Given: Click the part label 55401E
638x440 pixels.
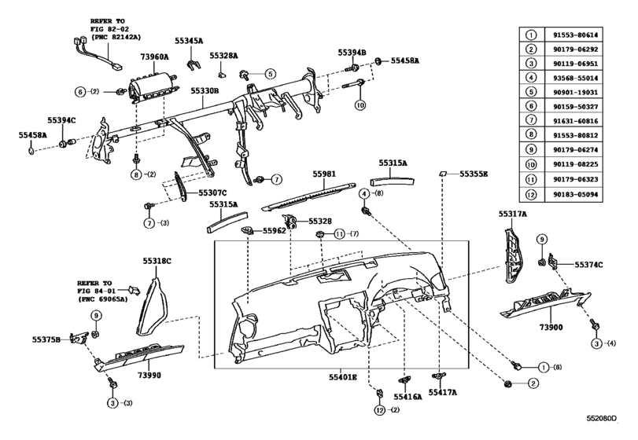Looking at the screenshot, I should pyautogui.click(x=342, y=378).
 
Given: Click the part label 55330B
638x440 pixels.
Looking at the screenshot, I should pyautogui.click(x=203, y=91).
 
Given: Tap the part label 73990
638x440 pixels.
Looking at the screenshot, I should pyautogui.click(x=147, y=376).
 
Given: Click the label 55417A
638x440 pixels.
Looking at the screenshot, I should pyautogui.click(x=444, y=390).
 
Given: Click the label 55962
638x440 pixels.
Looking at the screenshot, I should pyautogui.click(x=274, y=231).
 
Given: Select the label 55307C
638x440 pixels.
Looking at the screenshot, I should pyautogui.click(x=212, y=193).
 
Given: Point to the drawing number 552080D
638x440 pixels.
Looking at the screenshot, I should pyautogui.click(x=610, y=430).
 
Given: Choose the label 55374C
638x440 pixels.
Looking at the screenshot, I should pyautogui.click(x=588, y=265).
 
